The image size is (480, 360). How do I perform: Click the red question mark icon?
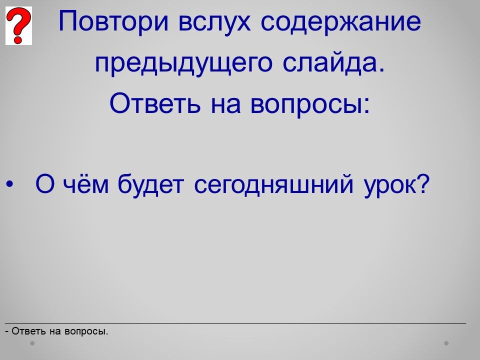[18, 25]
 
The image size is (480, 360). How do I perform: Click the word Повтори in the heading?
[113, 21]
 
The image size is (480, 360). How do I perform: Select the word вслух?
[214, 22]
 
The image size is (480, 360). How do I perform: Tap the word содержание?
[340, 22]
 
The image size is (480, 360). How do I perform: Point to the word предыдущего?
[183, 63]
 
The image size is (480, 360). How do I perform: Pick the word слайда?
[333, 62]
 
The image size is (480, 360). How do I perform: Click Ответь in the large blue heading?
[155, 103]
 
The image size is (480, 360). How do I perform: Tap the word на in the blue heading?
[225, 104]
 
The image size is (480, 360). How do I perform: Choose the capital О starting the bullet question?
[44, 184]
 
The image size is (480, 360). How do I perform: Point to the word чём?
[85, 184]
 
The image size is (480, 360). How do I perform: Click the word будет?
[150, 184]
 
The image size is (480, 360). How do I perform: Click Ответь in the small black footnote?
[29, 331]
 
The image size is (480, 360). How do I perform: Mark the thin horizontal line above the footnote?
[235, 323]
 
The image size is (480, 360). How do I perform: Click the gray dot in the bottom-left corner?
[32, 343]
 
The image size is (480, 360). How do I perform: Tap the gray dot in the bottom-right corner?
[446, 343]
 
